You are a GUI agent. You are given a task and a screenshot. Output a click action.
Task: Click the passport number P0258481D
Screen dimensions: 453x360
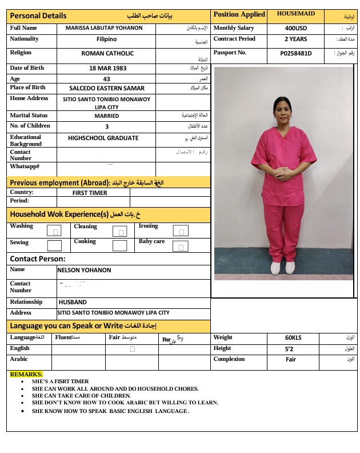[x=295, y=53]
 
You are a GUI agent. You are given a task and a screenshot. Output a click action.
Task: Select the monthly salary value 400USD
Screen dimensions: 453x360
[x=295, y=28]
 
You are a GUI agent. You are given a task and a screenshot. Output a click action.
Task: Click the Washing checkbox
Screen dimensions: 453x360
[x=54, y=231]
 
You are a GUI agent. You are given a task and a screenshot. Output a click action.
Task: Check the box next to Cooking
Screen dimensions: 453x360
[x=119, y=246]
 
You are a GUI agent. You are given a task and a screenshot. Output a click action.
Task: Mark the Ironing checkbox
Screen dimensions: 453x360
[x=181, y=231]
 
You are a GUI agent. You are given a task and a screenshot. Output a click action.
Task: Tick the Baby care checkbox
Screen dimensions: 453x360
[x=181, y=247]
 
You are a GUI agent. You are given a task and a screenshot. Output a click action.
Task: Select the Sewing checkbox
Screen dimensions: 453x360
[x=54, y=246]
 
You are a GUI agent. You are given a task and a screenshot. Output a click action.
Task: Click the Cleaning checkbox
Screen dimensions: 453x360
[x=119, y=231]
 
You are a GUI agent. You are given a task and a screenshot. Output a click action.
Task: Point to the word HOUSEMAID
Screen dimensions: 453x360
[x=295, y=13]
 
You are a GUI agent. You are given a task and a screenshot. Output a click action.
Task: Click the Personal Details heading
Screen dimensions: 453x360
[x=38, y=16]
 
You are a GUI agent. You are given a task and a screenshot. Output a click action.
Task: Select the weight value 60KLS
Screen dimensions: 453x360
[x=293, y=337]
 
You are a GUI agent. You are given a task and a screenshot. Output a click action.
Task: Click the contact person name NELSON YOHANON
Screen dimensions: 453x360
[x=85, y=270]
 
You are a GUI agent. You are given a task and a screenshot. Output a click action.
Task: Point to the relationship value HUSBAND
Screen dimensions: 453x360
[x=73, y=302]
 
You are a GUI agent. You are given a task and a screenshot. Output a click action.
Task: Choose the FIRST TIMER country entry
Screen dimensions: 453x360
[x=90, y=193]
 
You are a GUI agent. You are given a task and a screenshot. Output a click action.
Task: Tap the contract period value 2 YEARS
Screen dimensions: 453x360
[x=295, y=39]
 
